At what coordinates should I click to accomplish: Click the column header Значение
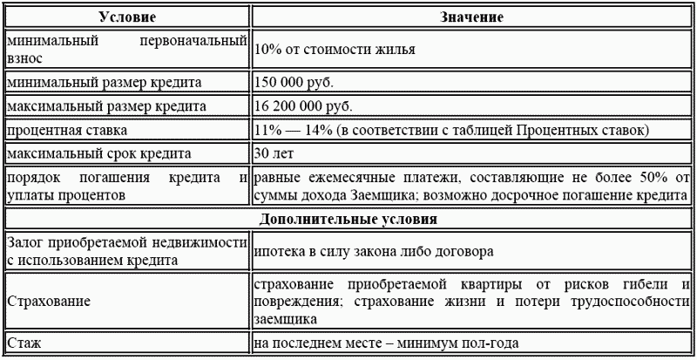click(472, 17)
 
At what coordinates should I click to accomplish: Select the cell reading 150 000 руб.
click(294, 83)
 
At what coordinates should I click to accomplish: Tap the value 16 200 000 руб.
click(302, 106)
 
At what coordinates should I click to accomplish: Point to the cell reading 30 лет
click(274, 154)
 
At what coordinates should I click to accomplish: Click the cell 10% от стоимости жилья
click(334, 50)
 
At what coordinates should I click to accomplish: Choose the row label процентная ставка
click(67, 131)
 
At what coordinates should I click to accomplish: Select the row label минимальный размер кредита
click(104, 83)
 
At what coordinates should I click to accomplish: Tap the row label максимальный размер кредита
click(105, 106)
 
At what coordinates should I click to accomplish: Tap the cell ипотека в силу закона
click(375, 250)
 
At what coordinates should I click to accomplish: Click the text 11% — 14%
click(291, 131)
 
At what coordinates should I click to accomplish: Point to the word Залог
click(26, 241)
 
